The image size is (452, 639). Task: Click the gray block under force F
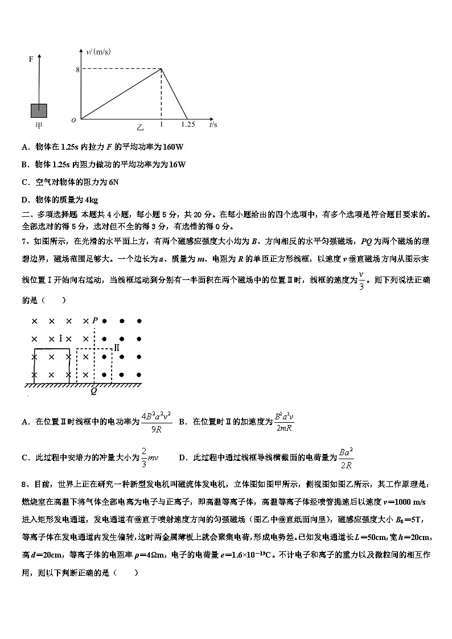(39, 110)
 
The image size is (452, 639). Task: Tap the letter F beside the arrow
(31, 59)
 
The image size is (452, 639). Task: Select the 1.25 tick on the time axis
(188, 124)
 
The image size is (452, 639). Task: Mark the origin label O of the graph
(73, 120)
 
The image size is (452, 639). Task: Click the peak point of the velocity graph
(162, 69)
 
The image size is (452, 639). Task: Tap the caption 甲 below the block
(39, 125)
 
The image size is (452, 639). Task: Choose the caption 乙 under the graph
(140, 126)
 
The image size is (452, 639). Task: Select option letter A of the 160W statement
(25, 147)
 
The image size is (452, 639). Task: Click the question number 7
(24, 241)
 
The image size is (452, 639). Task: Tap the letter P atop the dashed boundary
(95, 320)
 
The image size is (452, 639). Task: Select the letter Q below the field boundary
(94, 391)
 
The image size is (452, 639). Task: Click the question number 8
(24, 484)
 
